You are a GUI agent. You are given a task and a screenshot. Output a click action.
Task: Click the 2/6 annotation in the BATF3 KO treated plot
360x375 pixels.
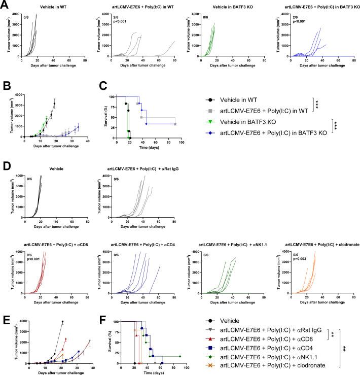pyautogui.click(x=292, y=18)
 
